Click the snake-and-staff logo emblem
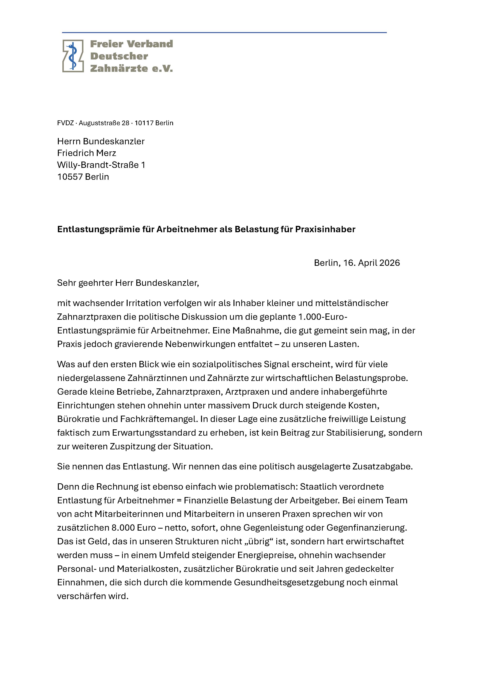pos(73,56)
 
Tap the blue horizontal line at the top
pos(224,32)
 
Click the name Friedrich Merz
pos(87,153)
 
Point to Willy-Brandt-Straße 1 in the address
pos(101,165)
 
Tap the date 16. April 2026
pos(371,263)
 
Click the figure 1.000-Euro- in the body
pos(323,317)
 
